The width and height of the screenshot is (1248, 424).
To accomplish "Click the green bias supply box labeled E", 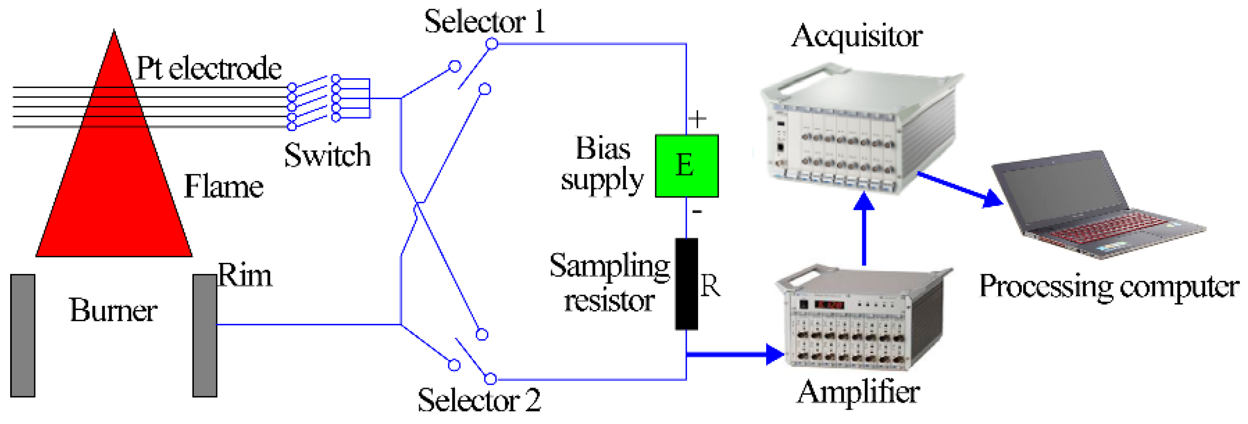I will tap(686, 166).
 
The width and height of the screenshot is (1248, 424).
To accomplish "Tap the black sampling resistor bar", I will tap(686, 284).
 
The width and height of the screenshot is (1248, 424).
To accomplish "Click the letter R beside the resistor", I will tap(711, 286).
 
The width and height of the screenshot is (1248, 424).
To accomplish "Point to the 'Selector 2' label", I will tap(479, 401).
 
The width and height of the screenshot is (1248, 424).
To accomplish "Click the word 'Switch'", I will tap(327, 155).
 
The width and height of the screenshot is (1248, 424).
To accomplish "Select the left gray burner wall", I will tap(23, 335).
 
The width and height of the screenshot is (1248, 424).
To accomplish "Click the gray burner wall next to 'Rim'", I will tap(205, 335).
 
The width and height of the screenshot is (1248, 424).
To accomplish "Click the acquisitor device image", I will tap(860, 130).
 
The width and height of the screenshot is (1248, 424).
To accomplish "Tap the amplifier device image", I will tap(862, 318).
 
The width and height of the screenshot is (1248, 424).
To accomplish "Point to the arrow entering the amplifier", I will tap(738, 354).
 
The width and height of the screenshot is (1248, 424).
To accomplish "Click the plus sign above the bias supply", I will tap(697, 119).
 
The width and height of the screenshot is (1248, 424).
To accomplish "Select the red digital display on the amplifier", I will tap(830, 305).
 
